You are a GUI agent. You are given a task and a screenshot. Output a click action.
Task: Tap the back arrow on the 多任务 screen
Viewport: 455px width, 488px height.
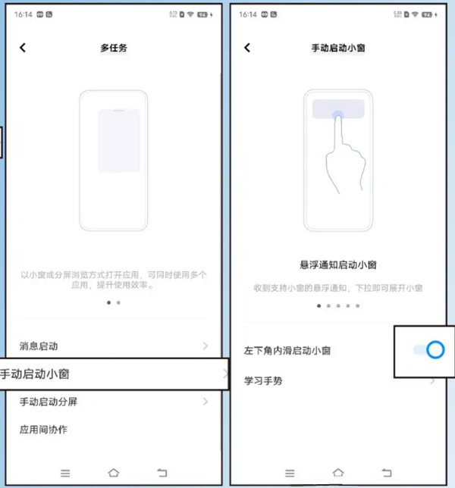coord(23,48)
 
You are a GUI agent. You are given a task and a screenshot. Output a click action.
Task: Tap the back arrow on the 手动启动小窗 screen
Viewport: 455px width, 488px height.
coord(247,48)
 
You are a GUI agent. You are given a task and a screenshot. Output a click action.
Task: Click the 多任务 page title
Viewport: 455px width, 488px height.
coord(114,48)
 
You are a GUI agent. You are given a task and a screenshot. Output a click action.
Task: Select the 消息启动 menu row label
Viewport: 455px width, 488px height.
coord(39,346)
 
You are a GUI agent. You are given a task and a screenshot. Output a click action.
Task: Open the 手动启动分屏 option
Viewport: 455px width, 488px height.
coord(49,402)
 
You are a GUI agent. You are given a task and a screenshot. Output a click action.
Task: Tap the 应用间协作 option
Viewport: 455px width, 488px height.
coord(43,430)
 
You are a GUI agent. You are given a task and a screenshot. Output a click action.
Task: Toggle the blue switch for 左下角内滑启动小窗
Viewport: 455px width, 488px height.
coord(428,349)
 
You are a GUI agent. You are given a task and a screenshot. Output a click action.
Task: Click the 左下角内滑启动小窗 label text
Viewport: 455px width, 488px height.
coord(287,351)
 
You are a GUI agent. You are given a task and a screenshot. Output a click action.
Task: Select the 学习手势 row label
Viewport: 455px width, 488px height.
coord(263,380)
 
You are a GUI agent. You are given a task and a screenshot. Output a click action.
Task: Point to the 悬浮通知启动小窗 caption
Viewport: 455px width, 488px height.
coord(338,264)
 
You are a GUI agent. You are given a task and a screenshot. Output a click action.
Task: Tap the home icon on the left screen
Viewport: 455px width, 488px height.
coord(114,473)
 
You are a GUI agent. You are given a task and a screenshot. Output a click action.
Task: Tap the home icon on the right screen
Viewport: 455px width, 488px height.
coord(338,473)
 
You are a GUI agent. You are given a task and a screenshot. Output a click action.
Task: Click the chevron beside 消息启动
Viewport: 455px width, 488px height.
coord(206,346)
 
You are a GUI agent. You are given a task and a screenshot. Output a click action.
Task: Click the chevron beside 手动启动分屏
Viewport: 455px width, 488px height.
coord(206,402)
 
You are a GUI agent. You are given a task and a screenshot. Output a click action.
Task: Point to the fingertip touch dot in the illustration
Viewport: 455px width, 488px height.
coord(337,115)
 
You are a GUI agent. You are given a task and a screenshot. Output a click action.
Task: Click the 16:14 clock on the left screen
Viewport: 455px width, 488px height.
coord(23,14)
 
